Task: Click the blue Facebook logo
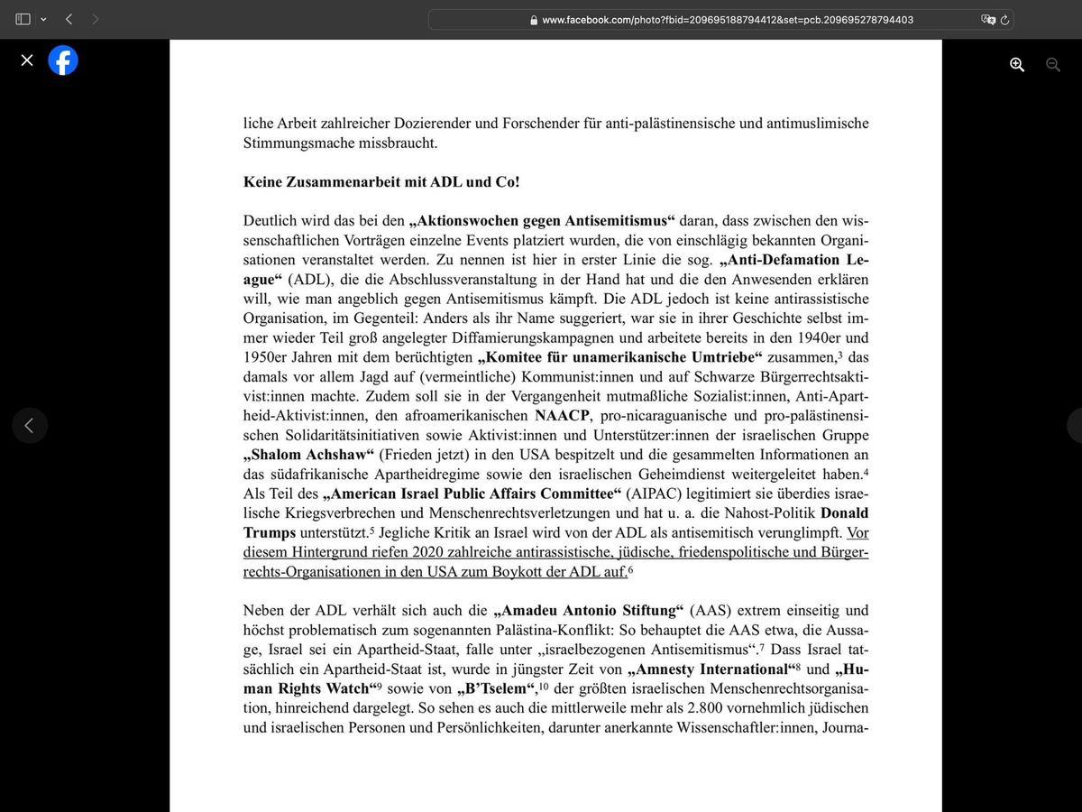coord(63,61)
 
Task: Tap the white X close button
coord(27,61)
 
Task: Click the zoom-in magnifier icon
coord(1017,64)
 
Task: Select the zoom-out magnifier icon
coord(1052,64)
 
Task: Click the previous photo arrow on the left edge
coord(30,426)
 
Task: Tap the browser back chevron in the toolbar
coord(69,19)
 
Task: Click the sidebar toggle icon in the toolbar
coord(23,19)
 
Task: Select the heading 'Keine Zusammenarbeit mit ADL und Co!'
coord(381,181)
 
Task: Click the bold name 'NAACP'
coord(562,415)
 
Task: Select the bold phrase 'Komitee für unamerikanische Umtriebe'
coord(624,356)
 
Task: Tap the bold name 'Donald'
coord(845,513)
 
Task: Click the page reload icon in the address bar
coord(1004,19)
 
